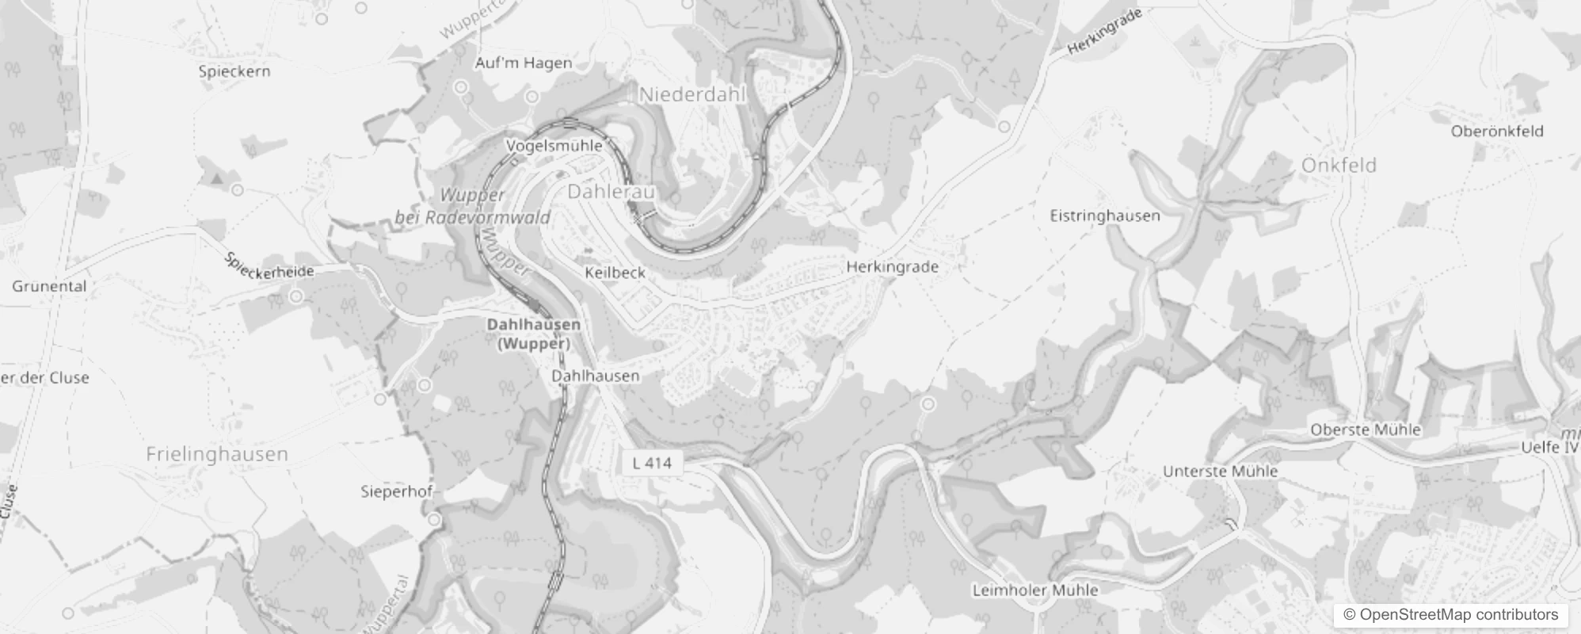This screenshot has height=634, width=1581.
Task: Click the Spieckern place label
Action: [x=234, y=71]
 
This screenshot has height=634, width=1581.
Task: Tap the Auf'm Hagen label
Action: [x=523, y=63]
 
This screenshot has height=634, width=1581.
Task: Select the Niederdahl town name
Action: [x=692, y=95]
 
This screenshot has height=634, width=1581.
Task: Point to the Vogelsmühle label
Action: [x=554, y=146]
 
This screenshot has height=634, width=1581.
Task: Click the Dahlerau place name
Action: [x=611, y=192]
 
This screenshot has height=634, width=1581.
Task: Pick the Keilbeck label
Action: [x=615, y=273]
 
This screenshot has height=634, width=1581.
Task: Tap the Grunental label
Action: [x=49, y=286]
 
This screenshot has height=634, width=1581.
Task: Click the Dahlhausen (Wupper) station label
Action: [x=533, y=334]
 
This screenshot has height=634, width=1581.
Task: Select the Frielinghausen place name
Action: [x=217, y=454]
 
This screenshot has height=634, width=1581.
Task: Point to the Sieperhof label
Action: [x=396, y=491]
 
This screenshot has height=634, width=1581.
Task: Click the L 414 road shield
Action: [x=652, y=463]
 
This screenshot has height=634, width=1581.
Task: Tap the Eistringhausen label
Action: [x=1104, y=216]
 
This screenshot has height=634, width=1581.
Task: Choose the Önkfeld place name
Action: [x=1339, y=166]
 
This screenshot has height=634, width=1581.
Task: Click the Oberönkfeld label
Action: [x=1497, y=132]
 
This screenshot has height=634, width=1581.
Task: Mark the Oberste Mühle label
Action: [x=1365, y=430]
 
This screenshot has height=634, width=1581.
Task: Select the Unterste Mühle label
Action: [x=1220, y=472]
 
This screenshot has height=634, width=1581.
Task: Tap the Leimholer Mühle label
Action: [x=1034, y=590]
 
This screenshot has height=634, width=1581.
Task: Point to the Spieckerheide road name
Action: [x=269, y=266]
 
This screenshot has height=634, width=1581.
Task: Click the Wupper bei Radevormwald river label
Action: [x=472, y=206]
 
